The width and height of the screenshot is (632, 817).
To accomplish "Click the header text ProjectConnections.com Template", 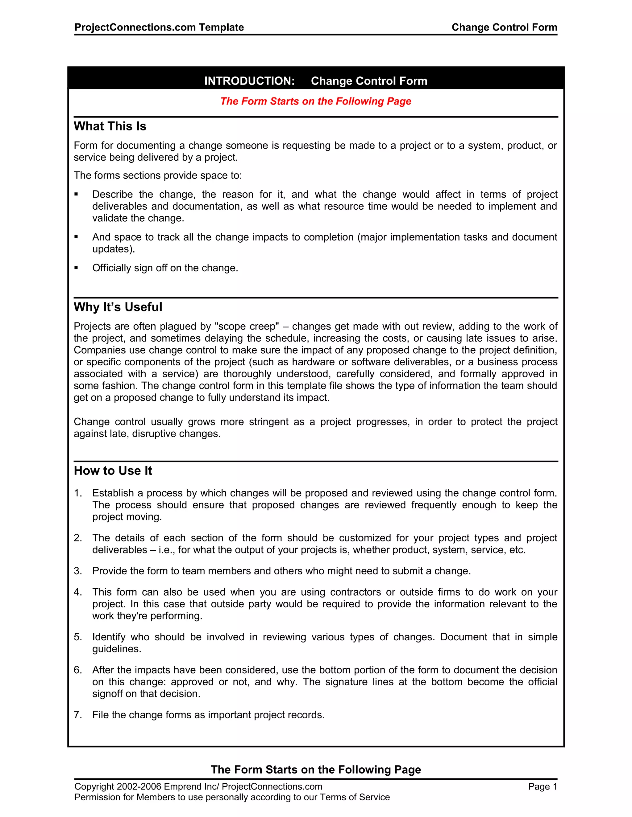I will [159, 27].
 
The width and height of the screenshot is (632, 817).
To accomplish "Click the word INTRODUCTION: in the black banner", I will [249, 81].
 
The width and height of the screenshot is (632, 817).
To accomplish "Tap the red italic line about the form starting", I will [316, 101].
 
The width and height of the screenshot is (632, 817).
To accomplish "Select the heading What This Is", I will [110, 126].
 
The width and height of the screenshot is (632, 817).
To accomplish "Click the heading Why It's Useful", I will [118, 307].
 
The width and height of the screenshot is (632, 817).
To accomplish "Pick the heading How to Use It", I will [113, 470].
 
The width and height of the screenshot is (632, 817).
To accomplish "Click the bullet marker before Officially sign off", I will [77, 268].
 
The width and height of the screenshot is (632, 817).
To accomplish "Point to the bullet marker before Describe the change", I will [77, 194].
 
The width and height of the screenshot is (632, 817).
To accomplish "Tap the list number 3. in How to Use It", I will [77, 571].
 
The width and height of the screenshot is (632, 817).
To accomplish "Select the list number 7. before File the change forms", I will [77, 715].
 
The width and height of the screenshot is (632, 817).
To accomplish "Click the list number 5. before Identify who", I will [77, 637].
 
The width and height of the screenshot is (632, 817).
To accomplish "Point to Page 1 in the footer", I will [543, 787].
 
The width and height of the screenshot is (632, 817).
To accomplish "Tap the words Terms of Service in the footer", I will [355, 797].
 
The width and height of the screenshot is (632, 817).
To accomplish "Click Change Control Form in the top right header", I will [504, 27].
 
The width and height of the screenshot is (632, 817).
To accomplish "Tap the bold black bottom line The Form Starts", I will [316, 770].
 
